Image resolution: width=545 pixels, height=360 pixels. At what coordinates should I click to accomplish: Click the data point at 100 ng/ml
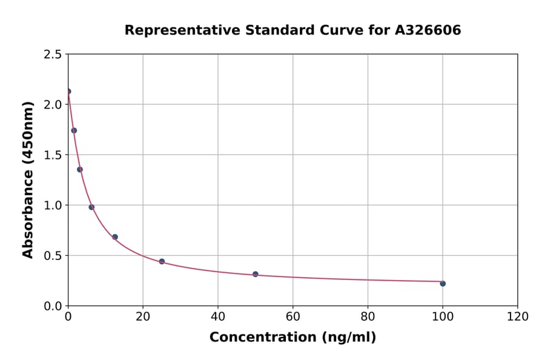pos(443,284)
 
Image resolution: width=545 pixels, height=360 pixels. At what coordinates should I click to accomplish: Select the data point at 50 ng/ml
pos(256,274)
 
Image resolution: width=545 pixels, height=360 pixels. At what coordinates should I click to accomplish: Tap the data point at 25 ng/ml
pos(162,261)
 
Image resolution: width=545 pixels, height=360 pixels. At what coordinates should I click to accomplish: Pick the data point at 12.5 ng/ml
pos(115,237)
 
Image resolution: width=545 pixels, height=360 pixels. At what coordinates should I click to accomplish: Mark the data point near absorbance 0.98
pos(91,207)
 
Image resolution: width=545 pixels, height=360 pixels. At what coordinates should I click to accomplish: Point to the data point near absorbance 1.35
pos(80,170)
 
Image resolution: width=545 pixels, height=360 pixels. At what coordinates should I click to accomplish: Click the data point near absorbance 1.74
pos(74,130)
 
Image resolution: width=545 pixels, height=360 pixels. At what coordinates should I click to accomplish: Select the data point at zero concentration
pos(68,92)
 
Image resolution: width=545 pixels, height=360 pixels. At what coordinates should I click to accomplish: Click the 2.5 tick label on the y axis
pos(53,55)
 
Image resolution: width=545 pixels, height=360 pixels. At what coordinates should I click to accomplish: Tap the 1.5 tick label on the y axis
pos(53,155)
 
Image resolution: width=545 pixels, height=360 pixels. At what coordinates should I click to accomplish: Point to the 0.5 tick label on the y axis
pos(53,256)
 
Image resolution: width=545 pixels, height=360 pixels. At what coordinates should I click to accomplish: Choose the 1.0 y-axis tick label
pos(53,205)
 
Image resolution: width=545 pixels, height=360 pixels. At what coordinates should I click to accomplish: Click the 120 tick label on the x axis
pos(518,316)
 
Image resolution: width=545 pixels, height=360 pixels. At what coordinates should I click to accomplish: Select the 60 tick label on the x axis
pos(292,316)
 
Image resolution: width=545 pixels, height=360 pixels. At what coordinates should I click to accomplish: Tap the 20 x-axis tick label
pos(143,316)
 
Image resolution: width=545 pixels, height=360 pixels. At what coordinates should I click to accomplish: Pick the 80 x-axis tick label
pos(368,316)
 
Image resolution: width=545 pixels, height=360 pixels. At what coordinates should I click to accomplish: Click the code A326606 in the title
pos(428,30)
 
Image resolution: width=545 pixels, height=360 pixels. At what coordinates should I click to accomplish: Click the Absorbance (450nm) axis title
pos(28,179)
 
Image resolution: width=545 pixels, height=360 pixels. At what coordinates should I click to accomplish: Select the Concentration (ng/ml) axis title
pos(292,338)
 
